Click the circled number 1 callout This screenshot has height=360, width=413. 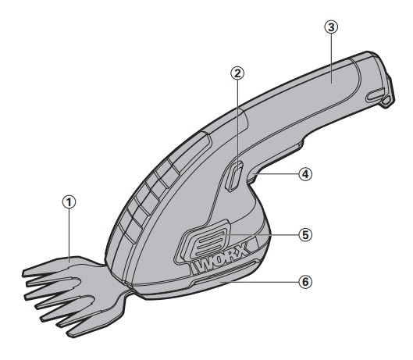tap(69, 202)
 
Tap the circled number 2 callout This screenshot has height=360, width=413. tap(237, 73)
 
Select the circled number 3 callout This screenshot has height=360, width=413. tap(331, 27)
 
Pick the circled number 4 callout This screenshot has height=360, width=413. tap(305, 174)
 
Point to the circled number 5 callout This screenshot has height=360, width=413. tap(305, 234)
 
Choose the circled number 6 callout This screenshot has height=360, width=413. tap(305, 282)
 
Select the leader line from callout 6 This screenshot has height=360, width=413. tap(260, 282)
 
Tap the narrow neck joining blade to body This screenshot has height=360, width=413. tap(126, 288)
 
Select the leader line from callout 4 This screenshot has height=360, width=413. tap(276, 174)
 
